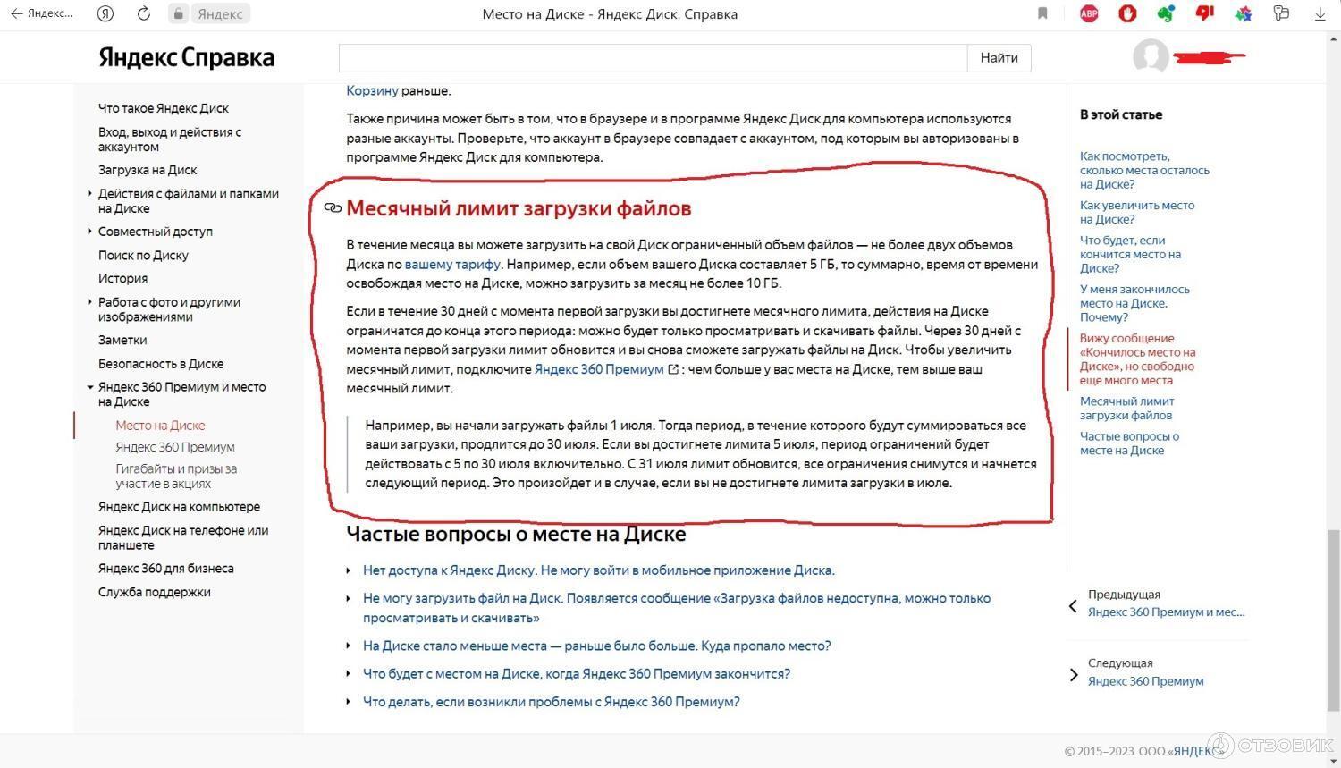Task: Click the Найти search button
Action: click(x=999, y=58)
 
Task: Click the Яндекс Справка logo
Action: click(x=186, y=58)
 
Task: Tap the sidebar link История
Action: click(x=122, y=279)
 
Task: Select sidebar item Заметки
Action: click(x=122, y=341)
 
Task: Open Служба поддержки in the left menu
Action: click(x=154, y=592)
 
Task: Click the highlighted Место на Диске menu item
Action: click(x=160, y=426)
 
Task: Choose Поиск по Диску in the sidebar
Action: click(x=143, y=256)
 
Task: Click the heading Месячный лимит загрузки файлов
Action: click(x=519, y=208)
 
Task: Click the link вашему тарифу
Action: click(x=452, y=265)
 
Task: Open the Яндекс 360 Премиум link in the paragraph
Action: click(x=599, y=369)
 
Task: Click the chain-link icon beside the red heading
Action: click(x=333, y=208)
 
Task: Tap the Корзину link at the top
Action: click(x=372, y=90)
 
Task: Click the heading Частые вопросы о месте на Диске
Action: click(x=516, y=535)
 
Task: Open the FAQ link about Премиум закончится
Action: click(x=577, y=674)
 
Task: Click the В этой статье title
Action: click(x=1121, y=114)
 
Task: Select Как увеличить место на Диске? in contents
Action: click(x=1136, y=212)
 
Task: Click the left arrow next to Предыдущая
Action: click(x=1073, y=606)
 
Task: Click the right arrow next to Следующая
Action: click(x=1074, y=675)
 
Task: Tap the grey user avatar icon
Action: click(x=1151, y=56)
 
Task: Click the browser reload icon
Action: click(x=144, y=13)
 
